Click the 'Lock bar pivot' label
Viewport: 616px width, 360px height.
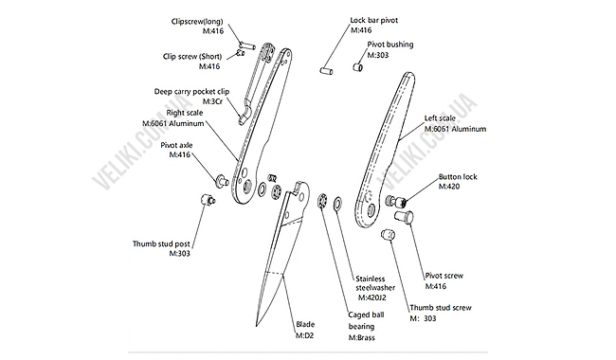(374, 20)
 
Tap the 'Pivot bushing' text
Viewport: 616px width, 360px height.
(390, 45)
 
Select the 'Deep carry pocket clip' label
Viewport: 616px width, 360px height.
(191, 92)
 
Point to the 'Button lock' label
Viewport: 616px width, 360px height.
(458, 176)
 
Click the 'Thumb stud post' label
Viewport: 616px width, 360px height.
(161, 243)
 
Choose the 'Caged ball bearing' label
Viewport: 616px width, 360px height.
(366, 320)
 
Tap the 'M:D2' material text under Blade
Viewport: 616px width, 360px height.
(304, 335)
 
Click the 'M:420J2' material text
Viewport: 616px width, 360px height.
(372, 297)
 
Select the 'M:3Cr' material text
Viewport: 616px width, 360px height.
(212, 101)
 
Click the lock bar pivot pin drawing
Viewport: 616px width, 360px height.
(326, 71)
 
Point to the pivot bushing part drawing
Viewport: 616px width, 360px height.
(357, 66)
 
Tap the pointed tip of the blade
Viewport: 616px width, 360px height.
(257, 326)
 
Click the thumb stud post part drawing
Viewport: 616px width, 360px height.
(208, 200)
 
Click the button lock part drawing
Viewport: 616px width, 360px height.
(396, 202)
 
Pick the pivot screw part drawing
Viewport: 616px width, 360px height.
(404, 217)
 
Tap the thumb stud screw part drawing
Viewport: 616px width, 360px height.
(389, 235)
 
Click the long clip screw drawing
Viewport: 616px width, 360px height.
(247, 45)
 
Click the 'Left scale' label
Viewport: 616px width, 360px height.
(440, 117)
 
